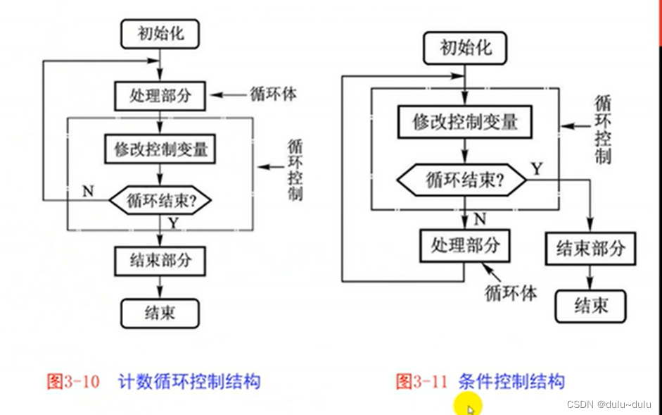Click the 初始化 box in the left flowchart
tap(160, 34)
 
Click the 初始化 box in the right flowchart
tap(465, 49)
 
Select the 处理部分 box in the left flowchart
tap(160, 94)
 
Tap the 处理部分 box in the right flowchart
tap(465, 245)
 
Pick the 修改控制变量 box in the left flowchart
tap(160, 149)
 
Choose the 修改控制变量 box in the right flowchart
tap(464, 122)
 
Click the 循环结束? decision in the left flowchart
tap(160, 200)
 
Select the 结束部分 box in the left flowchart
tap(160, 260)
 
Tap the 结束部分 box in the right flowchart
tap(590, 249)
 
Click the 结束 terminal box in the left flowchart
tap(160, 312)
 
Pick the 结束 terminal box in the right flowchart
tap(590, 305)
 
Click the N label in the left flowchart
tap(88, 190)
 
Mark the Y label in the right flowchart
tap(537, 168)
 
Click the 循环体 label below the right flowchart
tap(511, 292)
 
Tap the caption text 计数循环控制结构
tap(190, 382)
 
